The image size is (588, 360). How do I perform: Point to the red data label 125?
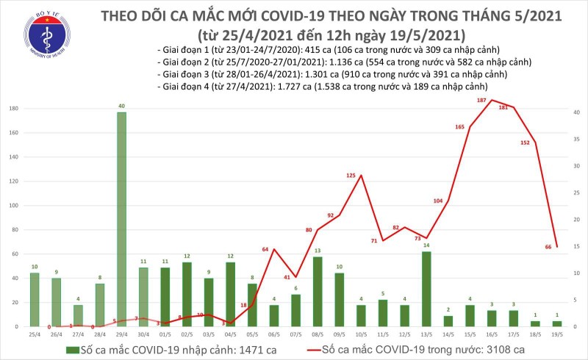[x=351, y=176]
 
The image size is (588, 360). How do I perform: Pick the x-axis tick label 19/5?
[x=556, y=334]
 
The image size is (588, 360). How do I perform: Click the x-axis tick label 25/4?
[x=35, y=334]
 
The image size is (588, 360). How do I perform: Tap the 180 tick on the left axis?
[x=14, y=109]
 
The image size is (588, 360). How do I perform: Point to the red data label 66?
[x=548, y=247]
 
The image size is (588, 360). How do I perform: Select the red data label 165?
[x=459, y=127]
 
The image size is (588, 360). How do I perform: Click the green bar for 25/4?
[x=35, y=299]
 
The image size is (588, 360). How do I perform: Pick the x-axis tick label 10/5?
[x=361, y=334]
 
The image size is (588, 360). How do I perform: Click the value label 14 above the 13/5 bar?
[x=426, y=245]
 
